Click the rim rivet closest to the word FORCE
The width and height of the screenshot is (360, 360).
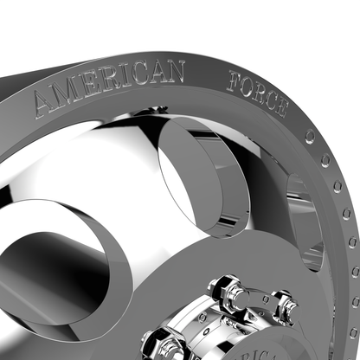(x=310, y=137)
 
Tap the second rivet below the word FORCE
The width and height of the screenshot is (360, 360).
(x=325, y=160)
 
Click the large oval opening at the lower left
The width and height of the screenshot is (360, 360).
(x=52, y=260)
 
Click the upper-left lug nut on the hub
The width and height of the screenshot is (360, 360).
(x=227, y=286)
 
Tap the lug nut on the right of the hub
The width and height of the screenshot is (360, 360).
(x=282, y=307)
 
